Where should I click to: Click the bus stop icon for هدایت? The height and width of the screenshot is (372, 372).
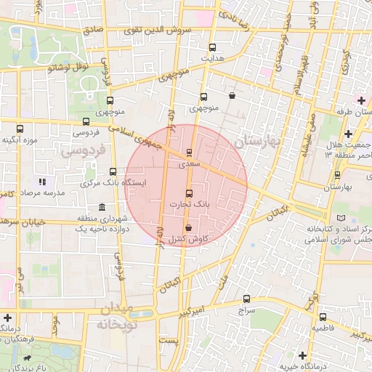pos(211,46)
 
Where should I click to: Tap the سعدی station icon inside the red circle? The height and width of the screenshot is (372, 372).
pos(190,153)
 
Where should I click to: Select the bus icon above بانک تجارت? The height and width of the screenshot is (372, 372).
pos(190,193)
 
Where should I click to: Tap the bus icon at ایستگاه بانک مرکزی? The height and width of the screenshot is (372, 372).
pos(112,172)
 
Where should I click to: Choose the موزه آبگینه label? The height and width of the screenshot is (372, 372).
pos(20,139)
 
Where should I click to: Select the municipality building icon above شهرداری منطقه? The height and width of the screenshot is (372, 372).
pos(102,209)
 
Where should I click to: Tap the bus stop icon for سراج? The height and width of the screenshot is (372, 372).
pos(246,299)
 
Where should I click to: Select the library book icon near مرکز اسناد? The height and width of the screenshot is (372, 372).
pos(342,218)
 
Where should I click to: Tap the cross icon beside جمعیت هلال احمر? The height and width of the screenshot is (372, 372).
pos(349,134)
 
